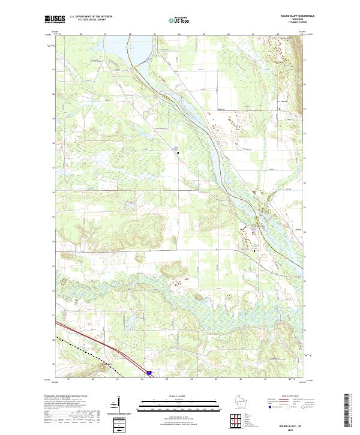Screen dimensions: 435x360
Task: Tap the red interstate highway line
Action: (x=96, y=342)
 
